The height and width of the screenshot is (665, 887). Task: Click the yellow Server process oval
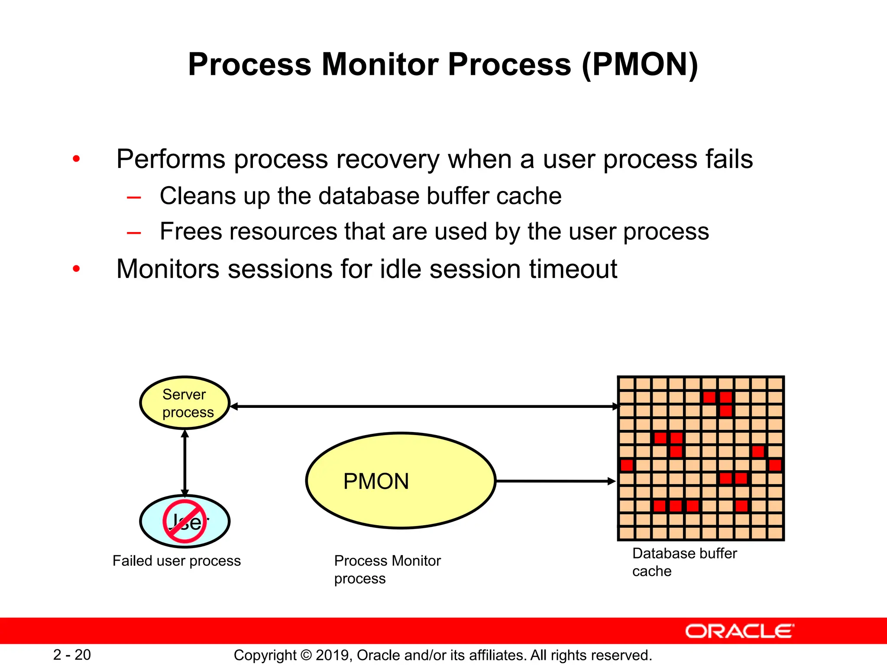tap(185, 403)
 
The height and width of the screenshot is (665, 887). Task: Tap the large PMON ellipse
tap(401, 481)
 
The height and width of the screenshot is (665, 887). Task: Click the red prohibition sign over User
tap(185, 521)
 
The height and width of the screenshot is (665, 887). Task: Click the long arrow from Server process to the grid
tap(424, 407)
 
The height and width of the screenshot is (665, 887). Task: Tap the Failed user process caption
tap(176, 561)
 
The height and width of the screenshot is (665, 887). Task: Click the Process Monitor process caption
tap(387, 569)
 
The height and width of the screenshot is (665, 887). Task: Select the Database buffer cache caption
tap(684, 562)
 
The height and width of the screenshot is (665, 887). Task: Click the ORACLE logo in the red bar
tap(740, 631)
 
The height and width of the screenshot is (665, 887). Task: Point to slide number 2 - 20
tap(72, 655)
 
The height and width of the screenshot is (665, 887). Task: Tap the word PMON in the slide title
tap(640, 65)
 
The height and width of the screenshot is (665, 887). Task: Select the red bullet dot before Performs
tap(77, 159)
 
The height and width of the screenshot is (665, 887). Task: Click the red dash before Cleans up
tap(134, 198)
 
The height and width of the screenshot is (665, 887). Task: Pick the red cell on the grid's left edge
tap(627, 465)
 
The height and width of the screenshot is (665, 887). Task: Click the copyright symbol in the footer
tap(306, 655)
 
